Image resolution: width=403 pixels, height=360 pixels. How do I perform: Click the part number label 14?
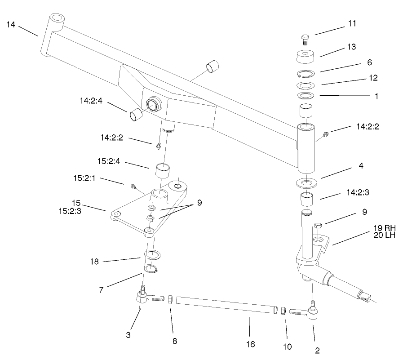(11, 25)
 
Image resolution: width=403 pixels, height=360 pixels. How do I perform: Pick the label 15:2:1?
(84, 178)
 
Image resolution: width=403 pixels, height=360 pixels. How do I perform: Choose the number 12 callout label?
(372, 78)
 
